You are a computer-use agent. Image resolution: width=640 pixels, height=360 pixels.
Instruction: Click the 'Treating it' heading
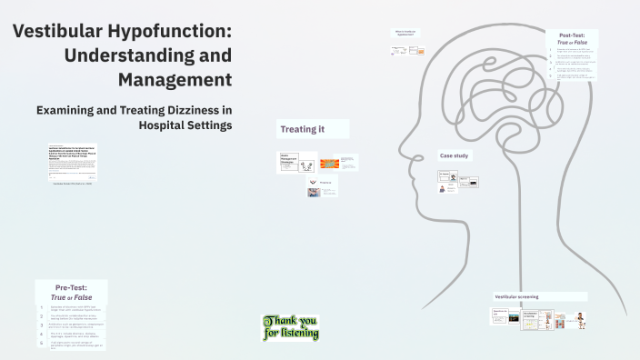pyautogui.click(x=303, y=129)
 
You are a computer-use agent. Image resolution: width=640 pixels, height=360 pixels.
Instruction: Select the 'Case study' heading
pyautogui.click(x=454, y=155)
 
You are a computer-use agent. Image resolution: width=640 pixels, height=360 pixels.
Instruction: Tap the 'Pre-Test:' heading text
pyautogui.click(x=71, y=286)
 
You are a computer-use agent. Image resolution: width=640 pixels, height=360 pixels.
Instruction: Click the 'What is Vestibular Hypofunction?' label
pyautogui.click(x=405, y=35)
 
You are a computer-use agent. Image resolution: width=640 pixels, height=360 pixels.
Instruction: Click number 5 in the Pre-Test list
pyautogui.click(x=42, y=343)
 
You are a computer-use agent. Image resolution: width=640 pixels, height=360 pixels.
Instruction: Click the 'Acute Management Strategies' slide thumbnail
pyautogui.click(x=290, y=163)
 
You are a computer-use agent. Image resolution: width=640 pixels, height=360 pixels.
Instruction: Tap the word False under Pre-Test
pyautogui.click(x=84, y=297)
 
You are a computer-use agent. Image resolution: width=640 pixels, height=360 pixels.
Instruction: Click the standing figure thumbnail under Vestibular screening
pyautogui.click(x=579, y=320)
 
